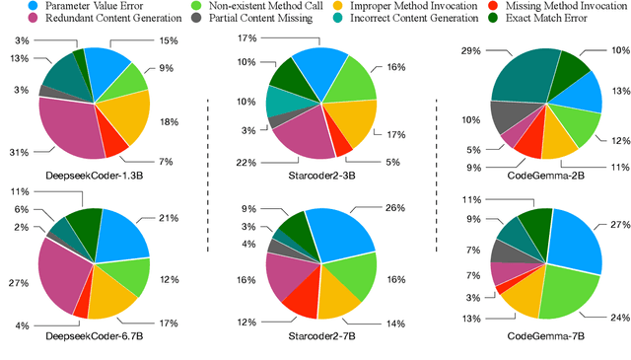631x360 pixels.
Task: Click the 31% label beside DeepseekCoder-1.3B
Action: click(17, 151)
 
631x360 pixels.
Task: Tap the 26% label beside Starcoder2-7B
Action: click(394, 207)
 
